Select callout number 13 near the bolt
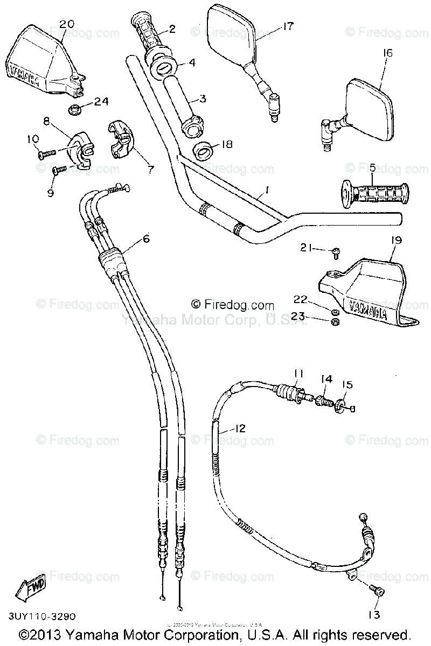[374, 614]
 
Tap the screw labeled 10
[46, 153]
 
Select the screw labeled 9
[59, 170]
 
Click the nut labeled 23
[334, 322]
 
